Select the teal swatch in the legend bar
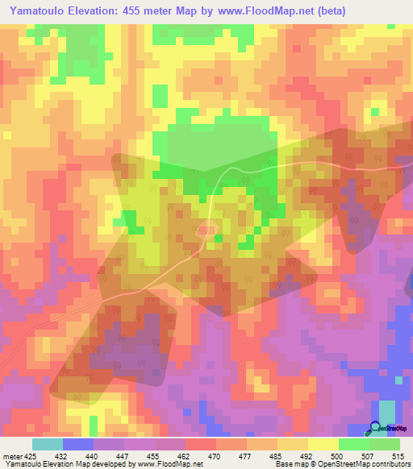[x=47, y=444]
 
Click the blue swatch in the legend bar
[x=77, y=444]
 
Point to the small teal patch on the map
[x=387, y=410]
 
